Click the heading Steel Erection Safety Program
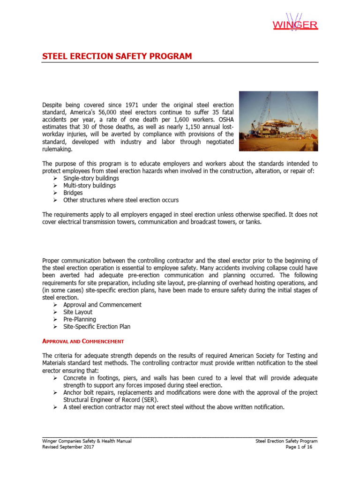tap(117, 56)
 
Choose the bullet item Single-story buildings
tap(91, 178)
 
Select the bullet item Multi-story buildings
tap(90, 186)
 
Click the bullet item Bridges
tap(73, 193)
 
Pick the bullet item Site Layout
tap(78, 312)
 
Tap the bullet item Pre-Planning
tap(80, 319)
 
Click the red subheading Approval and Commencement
tap(83, 341)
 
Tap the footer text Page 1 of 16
tap(299, 447)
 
